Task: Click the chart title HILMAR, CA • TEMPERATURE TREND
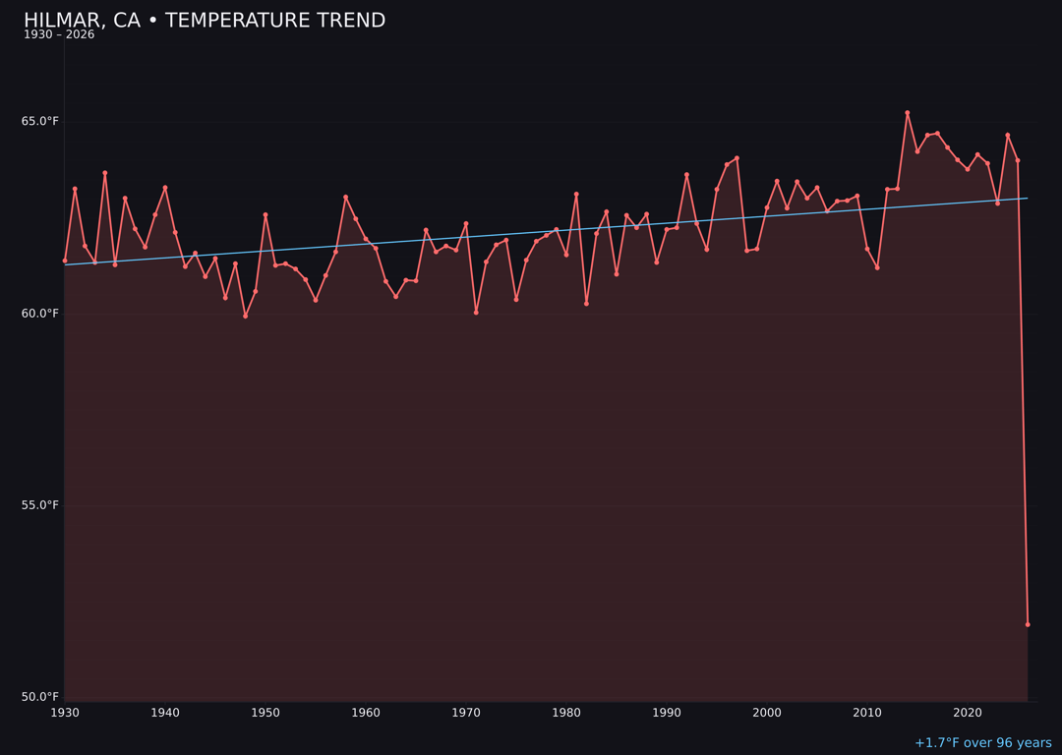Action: tap(205, 21)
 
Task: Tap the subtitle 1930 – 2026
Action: tap(59, 35)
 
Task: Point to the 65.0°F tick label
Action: tap(41, 122)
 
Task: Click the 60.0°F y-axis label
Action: tap(41, 314)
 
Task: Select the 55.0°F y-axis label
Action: tap(41, 505)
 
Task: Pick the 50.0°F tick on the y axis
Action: tap(41, 697)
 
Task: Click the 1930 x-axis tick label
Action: tap(65, 713)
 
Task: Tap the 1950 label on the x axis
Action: tap(265, 713)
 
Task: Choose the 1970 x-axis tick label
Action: tap(466, 713)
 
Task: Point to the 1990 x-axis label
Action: tap(667, 713)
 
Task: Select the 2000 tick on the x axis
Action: tap(767, 713)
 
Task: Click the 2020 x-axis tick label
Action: tap(968, 713)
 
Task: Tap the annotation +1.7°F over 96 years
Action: tap(982, 743)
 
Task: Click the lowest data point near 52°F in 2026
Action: tap(1028, 624)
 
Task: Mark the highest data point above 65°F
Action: tap(908, 113)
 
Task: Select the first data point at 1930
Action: tap(65, 261)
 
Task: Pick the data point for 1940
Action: tap(165, 188)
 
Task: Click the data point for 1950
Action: tap(265, 214)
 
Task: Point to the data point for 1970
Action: tap(466, 223)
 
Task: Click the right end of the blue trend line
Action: tap(1028, 199)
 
